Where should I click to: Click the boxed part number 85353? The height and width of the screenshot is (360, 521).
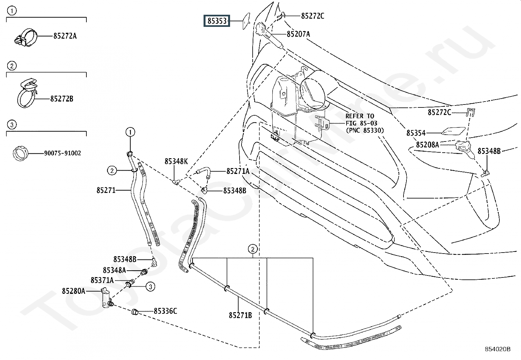pyautogui.click(x=217, y=21)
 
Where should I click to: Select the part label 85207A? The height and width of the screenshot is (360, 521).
pyautogui.click(x=298, y=34)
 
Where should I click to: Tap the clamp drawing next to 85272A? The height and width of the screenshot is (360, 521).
pyautogui.click(x=26, y=38)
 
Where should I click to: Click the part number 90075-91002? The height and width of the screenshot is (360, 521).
pyautogui.click(x=63, y=153)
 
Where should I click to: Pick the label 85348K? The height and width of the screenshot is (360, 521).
pyautogui.click(x=176, y=161)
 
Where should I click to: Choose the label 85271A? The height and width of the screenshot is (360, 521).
pyautogui.click(x=238, y=171)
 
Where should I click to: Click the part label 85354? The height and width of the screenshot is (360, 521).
pyautogui.click(x=416, y=133)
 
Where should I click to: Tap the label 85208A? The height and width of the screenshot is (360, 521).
pyautogui.click(x=427, y=145)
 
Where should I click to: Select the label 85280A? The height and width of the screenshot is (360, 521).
pyautogui.click(x=74, y=291)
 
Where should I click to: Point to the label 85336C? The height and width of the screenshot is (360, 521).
pyautogui.click(x=165, y=311)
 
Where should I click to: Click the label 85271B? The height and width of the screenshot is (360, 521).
pyautogui.click(x=240, y=315)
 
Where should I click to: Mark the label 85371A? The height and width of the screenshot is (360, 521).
pyautogui.click(x=102, y=280)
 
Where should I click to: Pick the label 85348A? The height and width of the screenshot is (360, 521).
pyautogui.click(x=115, y=270)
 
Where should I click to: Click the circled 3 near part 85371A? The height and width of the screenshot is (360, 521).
pyautogui.click(x=151, y=287)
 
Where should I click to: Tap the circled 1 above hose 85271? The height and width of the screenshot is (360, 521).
pyautogui.click(x=130, y=132)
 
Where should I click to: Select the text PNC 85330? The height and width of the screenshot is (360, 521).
pyautogui.click(x=365, y=130)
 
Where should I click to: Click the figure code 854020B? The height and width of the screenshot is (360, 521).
pyautogui.click(x=497, y=349)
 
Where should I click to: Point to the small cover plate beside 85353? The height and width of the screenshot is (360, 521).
pyautogui.click(x=246, y=21)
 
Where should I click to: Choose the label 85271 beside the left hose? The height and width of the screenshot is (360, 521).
pyautogui.click(x=106, y=190)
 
